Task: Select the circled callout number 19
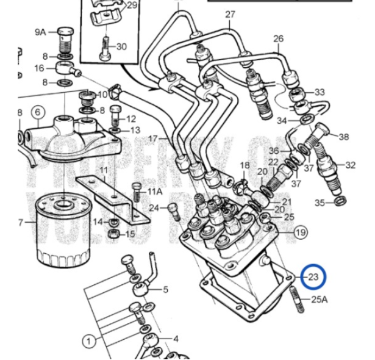pos(300,232)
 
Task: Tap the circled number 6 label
pos(37,112)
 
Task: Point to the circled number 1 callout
pos(90,341)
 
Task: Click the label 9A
pos(40,32)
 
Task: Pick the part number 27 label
pos(230,15)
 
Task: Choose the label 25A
pos(320,299)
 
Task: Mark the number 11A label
pos(155,192)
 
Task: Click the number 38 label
pos(344,137)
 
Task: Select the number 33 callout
pos(320,93)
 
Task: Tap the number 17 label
pos(152,139)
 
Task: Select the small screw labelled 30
pos(105,44)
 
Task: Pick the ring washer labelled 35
pos(340,200)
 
